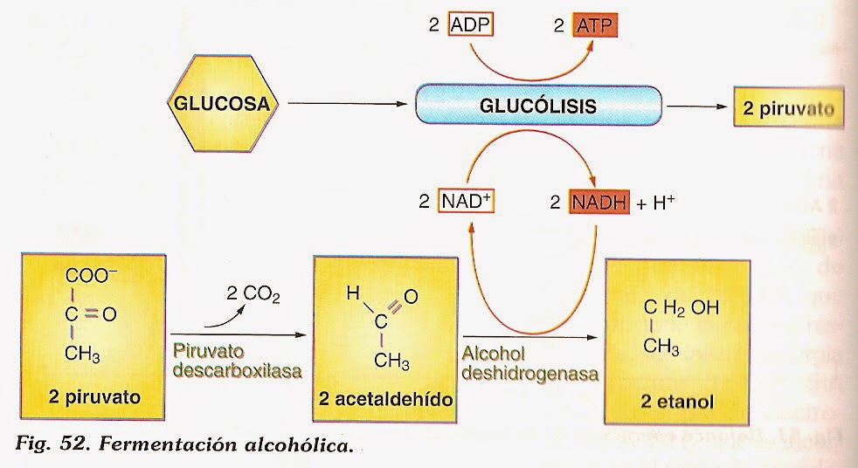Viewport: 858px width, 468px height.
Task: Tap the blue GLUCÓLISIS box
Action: [537, 107]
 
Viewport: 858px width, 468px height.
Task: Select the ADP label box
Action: [471, 26]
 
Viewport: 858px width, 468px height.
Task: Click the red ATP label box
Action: [597, 26]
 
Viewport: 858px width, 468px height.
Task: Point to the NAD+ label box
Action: [469, 202]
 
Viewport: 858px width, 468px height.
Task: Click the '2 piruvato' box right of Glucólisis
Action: [788, 108]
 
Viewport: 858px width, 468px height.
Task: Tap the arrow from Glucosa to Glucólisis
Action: [347, 105]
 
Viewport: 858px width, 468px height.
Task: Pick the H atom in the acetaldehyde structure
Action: [352, 295]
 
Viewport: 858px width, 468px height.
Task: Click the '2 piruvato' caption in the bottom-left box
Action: [95, 400]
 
